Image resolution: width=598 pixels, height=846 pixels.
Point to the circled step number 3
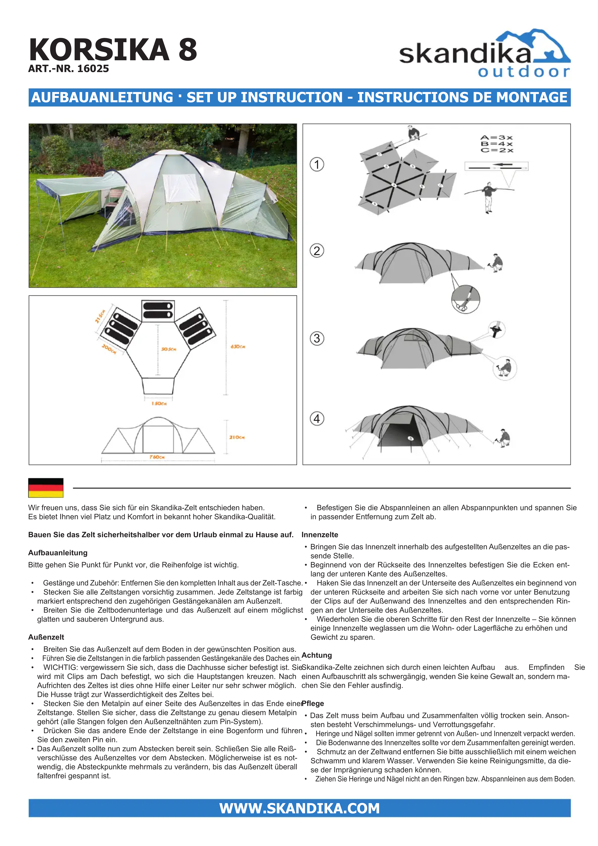point(317,338)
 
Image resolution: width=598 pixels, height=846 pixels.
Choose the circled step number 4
point(317,419)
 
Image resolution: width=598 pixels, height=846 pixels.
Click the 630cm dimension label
point(238,347)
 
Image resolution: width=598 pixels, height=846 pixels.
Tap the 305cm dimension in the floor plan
point(169,349)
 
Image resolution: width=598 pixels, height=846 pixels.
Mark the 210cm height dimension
point(237,437)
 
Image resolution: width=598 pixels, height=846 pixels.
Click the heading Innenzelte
point(320,535)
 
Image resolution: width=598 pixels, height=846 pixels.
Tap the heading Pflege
point(313,703)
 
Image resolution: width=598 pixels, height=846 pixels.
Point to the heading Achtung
point(317,655)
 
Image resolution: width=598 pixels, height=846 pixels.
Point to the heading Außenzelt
point(46,637)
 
